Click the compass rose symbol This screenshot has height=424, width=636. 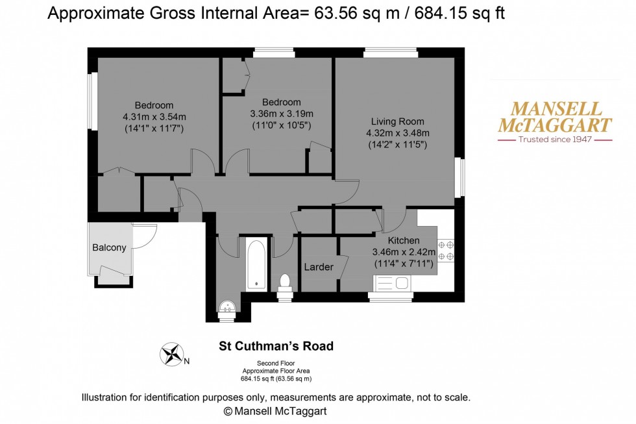point(172,354)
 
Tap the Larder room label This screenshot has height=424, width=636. point(319,267)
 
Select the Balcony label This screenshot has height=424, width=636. point(109,247)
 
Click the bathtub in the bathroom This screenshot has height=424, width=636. point(256,264)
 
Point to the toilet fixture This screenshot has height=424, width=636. point(284,282)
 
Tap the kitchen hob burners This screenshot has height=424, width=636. point(446,250)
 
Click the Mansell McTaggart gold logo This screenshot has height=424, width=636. point(554,118)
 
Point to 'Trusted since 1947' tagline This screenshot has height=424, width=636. point(554,140)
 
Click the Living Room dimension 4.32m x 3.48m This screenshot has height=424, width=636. point(398,133)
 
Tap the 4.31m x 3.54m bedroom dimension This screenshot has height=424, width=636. point(154,117)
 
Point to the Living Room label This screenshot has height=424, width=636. point(398,121)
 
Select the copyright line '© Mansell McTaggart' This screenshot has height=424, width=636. point(276,411)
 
